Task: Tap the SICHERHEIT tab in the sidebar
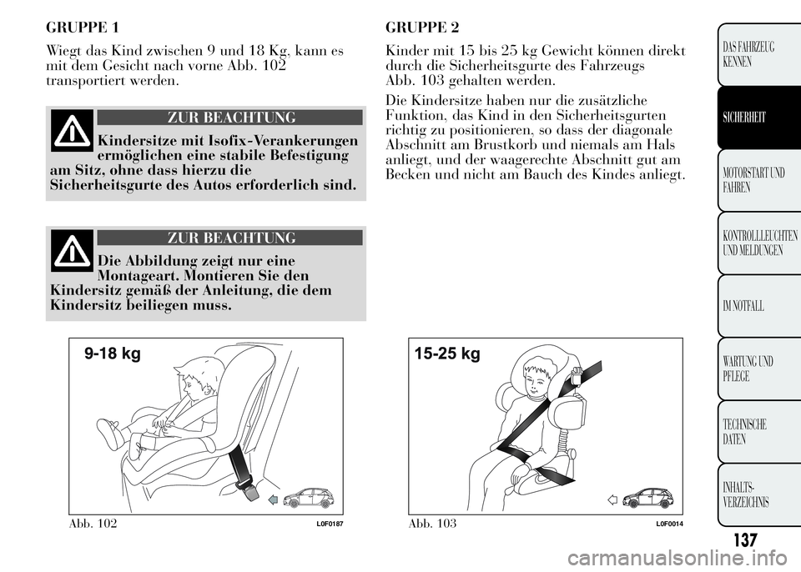[758, 118]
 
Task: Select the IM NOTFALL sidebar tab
[758, 306]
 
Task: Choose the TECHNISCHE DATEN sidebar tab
[758, 432]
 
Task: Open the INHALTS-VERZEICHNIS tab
[758, 494]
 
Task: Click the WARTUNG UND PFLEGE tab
[758, 369]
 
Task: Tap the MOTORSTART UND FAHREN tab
[758, 180]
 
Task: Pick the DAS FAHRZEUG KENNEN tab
[758, 55]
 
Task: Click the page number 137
[745, 539]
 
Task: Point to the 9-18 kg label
[113, 354]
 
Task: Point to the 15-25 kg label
[447, 354]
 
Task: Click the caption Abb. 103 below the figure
[432, 524]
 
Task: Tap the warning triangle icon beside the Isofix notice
[72, 130]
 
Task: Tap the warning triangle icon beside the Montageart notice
[72, 251]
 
